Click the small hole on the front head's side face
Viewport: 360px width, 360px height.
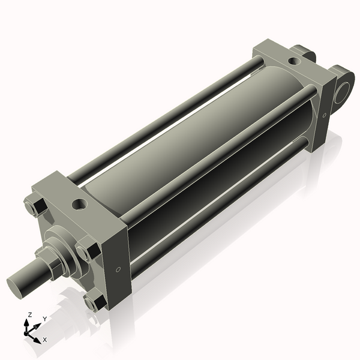pos(118,268)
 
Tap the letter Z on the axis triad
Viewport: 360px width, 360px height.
pos(29,314)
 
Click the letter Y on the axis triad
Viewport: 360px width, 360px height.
pos(45,319)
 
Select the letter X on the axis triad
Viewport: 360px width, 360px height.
pos(44,340)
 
